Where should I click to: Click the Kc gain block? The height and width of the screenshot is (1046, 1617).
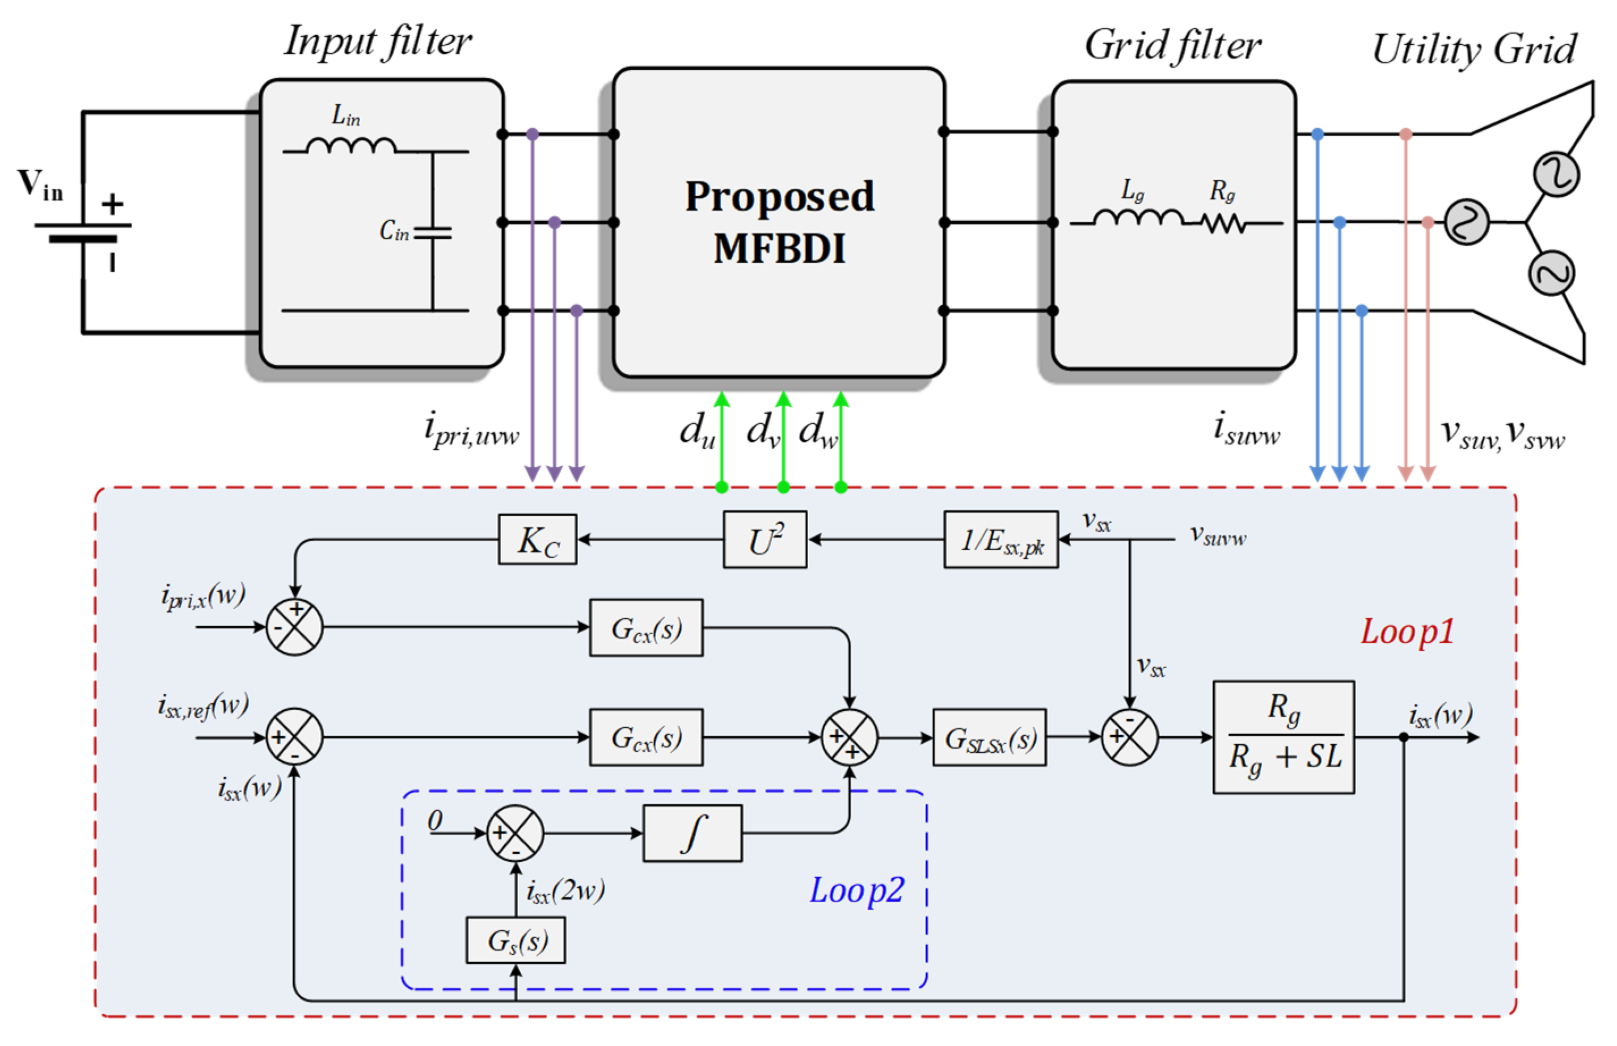click(x=537, y=539)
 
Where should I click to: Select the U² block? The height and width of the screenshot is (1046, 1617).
click(x=765, y=539)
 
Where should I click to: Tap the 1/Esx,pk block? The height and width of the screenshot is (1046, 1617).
click(x=1000, y=539)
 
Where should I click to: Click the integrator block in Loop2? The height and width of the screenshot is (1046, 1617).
click(x=692, y=833)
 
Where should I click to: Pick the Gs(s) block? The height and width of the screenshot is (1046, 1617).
click(x=516, y=940)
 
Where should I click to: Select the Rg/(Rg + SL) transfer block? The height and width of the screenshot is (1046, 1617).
click(x=1283, y=737)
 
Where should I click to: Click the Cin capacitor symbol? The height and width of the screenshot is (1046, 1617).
click(x=432, y=233)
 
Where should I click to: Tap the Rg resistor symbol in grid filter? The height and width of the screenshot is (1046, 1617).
click(x=1222, y=222)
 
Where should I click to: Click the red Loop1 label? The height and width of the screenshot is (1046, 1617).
click(x=1407, y=632)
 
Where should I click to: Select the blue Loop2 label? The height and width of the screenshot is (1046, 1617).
click(x=856, y=890)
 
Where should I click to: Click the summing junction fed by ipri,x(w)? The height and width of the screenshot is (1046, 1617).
click(x=294, y=626)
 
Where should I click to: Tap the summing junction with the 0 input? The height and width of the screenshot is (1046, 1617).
click(x=515, y=833)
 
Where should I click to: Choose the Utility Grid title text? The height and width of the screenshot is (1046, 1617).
click(x=1473, y=49)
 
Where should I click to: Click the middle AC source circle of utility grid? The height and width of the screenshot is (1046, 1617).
click(x=1466, y=222)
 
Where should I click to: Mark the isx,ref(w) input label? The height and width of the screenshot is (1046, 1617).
click(x=203, y=706)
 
